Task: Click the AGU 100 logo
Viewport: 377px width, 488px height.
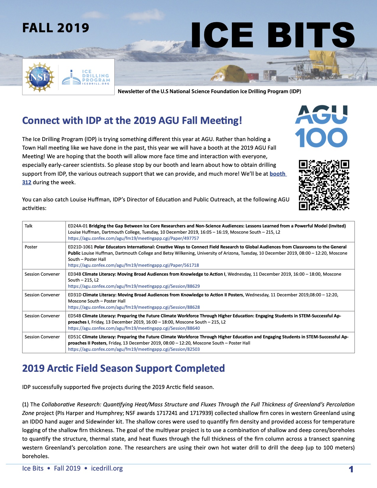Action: [x=321, y=127]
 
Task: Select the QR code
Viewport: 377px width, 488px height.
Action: [x=324, y=185]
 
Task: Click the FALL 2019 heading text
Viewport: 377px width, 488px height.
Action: [x=56, y=28]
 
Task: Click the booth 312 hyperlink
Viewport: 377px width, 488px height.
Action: [x=278, y=174]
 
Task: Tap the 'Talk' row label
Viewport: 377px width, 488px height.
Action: [x=29, y=226]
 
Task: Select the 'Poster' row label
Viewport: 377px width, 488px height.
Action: [x=31, y=247]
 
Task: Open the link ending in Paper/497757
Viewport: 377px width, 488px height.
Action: [x=133, y=238]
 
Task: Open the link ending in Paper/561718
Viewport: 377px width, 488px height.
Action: [x=133, y=265]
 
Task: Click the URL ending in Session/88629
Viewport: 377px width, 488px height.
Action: [x=134, y=286]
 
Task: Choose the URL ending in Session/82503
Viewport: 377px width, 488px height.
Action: [x=134, y=349]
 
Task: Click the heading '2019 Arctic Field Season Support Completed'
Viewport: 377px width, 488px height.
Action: [x=123, y=368]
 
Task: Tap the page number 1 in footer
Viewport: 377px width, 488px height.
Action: [x=351, y=469]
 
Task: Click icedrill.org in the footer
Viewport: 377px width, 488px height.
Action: [x=107, y=468]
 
